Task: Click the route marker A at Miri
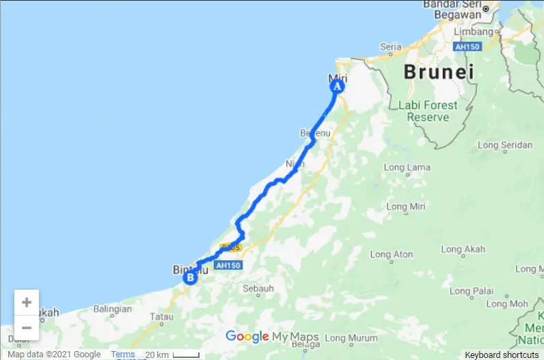pyautogui.click(x=336, y=87)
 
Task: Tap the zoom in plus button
pyautogui.click(x=27, y=302)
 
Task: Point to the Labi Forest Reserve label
pyautogui.click(x=428, y=111)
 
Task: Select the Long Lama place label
pyautogui.click(x=403, y=167)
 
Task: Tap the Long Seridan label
pyautogui.click(x=505, y=145)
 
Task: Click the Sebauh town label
pyautogui.click(x=259, y=288)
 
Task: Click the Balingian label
pyautogui.click(x=112, y=309)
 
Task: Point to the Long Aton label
pyautogui.click(x=391, y=255)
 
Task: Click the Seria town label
pyautogui.click(x=390, y=46)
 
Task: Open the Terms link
pyautogui.click(x=123, y=355)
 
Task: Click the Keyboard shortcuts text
pyautogui.click(x=502, y=355)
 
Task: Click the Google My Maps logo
pyautogui.click(x=272, y=337)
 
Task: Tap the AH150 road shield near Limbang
pyautogui.click(x=468, y=46)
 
